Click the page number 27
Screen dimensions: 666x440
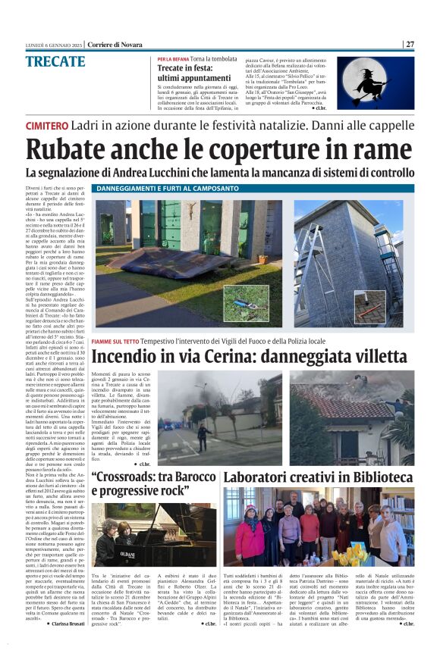(x=410, y=43)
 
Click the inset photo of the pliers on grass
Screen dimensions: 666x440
(x=245, y=303)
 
